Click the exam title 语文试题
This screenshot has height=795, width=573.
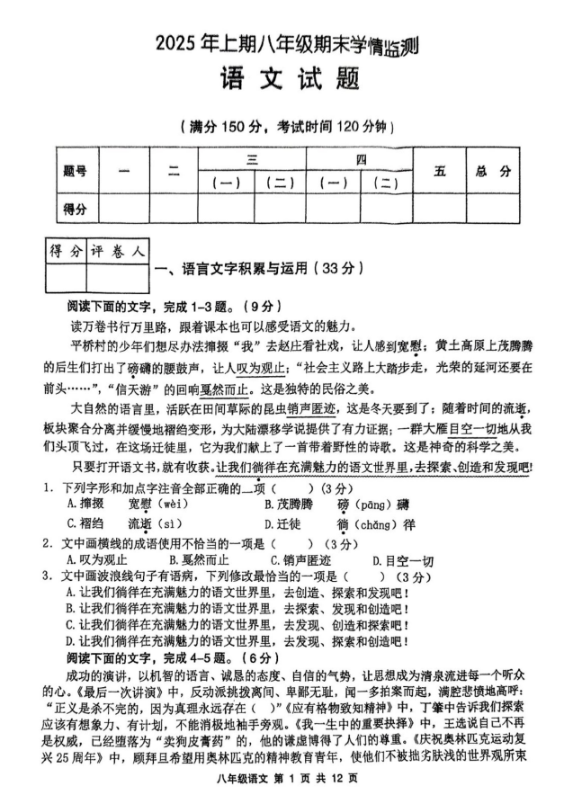pos(289,78)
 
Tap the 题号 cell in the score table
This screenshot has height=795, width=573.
pos(75,172)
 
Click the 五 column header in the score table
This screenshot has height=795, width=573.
pos(439,171)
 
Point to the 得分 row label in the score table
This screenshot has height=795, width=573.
pos(75,210)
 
